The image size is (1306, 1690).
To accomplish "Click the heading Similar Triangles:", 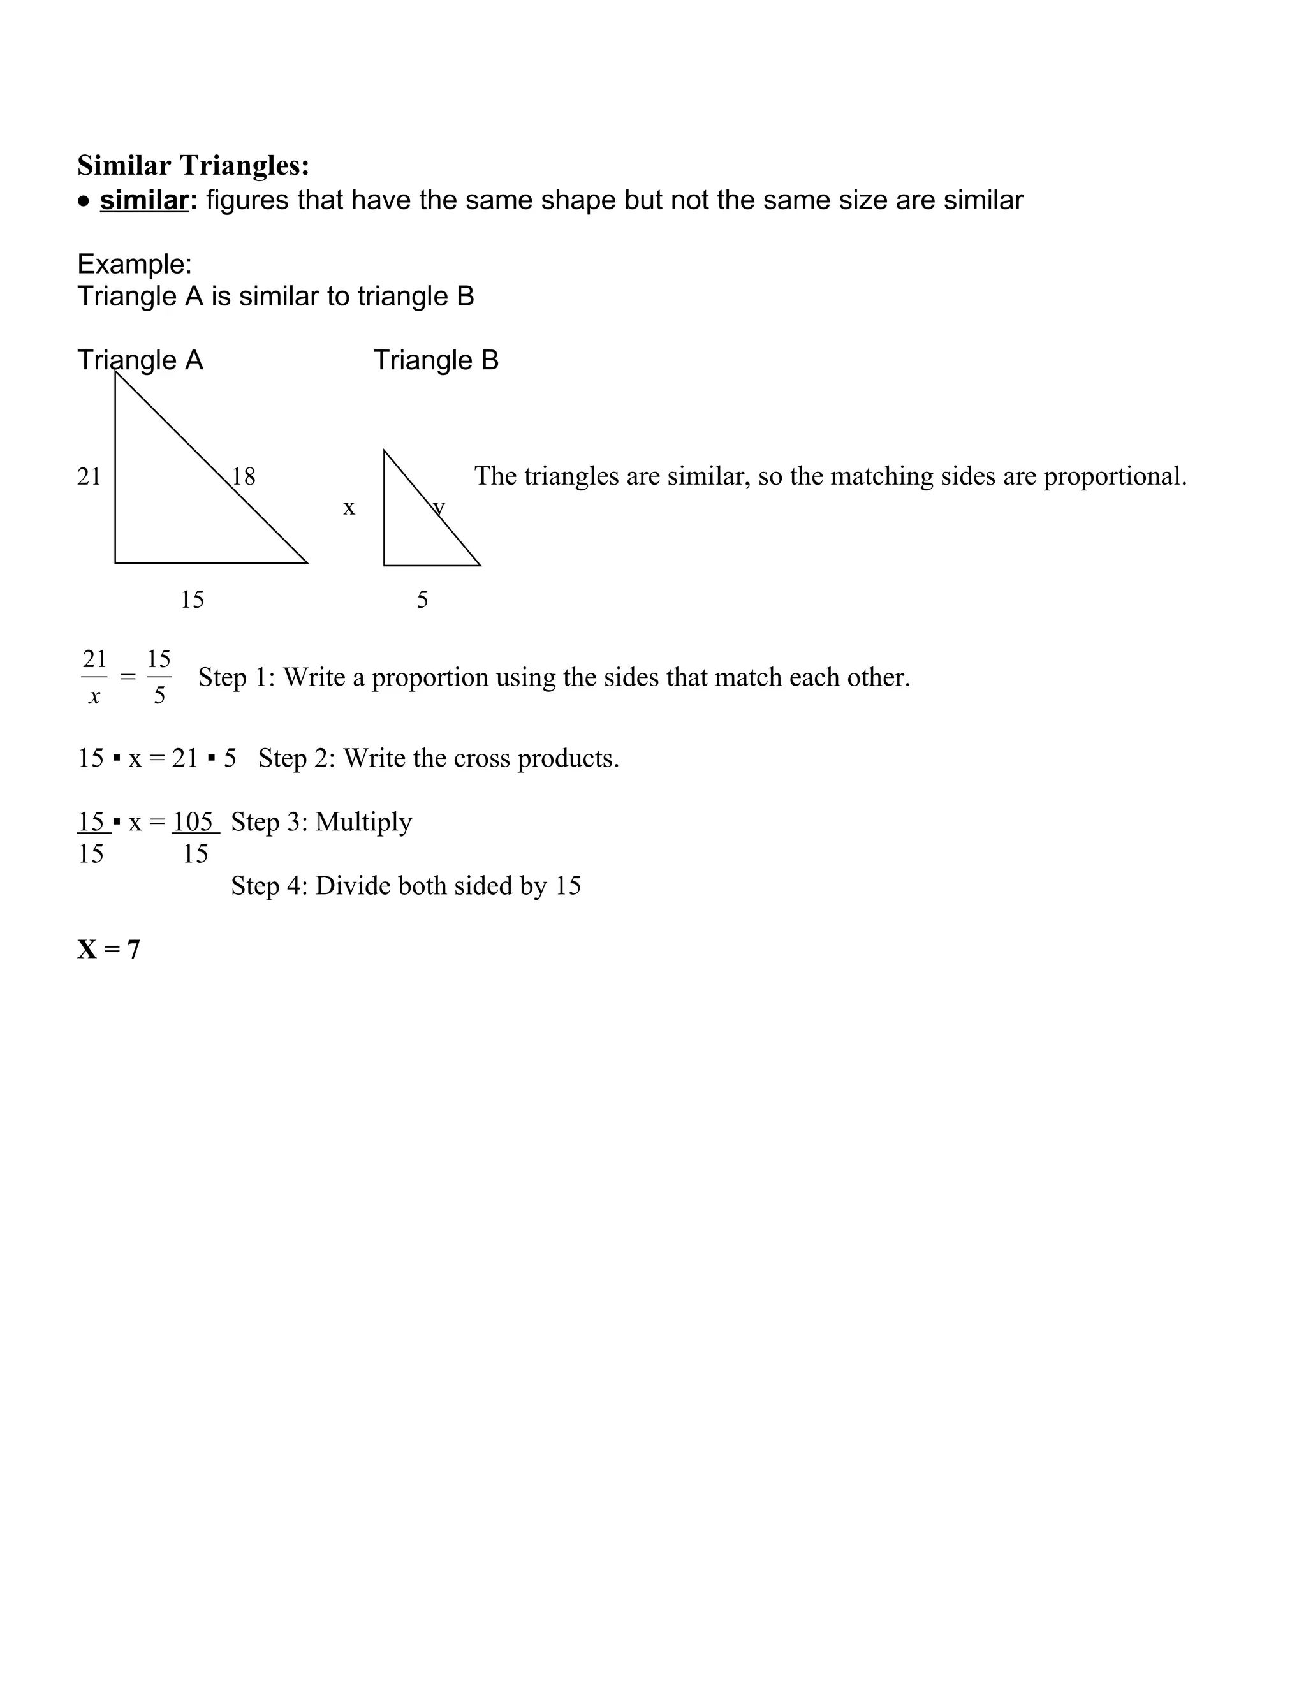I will coord(193,166).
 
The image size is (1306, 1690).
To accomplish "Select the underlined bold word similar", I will coord(144,200).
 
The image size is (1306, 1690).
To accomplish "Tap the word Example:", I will coord(134,265).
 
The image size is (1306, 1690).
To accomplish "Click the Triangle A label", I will coord(140,360).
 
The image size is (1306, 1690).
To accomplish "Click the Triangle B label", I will coord(436,360).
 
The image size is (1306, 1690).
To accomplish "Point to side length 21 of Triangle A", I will coord(89,476).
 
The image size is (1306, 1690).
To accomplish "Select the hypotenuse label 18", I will coord(244,476).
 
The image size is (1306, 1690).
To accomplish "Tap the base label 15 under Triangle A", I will coord(192,599).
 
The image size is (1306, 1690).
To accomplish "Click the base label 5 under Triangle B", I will coord(422,599).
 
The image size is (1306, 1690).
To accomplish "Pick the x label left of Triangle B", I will coord(349,508).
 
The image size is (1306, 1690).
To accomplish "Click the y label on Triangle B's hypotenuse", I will coord(439,508).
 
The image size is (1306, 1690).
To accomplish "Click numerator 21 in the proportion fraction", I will coord(94,659).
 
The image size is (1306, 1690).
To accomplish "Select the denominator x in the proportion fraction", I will coord(94,696).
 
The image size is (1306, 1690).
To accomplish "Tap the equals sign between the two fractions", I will coord(128,677).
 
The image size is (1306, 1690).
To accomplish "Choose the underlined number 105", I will coord(193,822).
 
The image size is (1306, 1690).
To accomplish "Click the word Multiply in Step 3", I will coord(363,822).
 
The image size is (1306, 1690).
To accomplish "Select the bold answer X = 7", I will coord(109,950).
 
